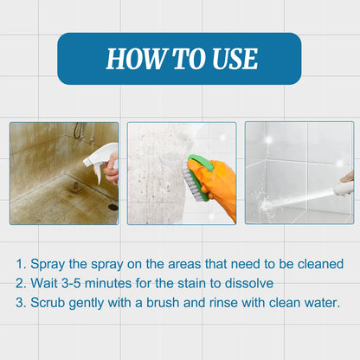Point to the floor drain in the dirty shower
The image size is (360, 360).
(113, 207)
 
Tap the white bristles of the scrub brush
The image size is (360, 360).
(192, 183)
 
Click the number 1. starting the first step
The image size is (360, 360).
(22, 264)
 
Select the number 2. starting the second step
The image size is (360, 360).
(22, 283)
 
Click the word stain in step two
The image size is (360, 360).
(196, 283)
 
